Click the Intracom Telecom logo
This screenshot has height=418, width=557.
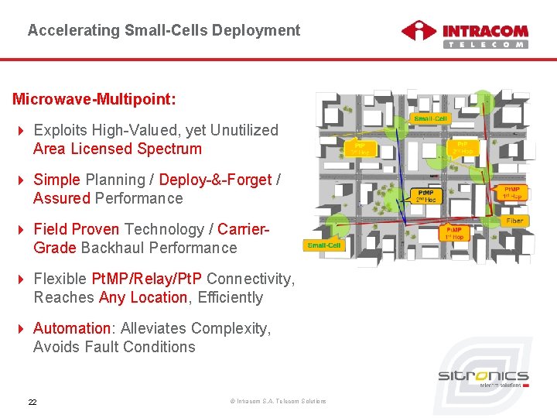pos(464,34)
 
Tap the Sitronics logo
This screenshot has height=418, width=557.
pos(483,378)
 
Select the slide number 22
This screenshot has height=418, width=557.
pos(32,402)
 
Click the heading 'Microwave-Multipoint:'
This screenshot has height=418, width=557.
pos(94,100)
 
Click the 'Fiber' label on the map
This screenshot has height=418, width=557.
pos(514,221)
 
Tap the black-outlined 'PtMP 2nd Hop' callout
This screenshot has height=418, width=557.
pos(426,196)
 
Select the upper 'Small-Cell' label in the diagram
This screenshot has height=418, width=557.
pos(430,118)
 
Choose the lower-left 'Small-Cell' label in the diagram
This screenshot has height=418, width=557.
pos(323,245)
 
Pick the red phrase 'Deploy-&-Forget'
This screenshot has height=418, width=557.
pos(215,180)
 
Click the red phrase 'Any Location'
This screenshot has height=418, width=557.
pos(143,297)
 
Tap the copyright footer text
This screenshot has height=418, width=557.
pos(278,401)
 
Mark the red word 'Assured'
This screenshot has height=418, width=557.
pos(62,198)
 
